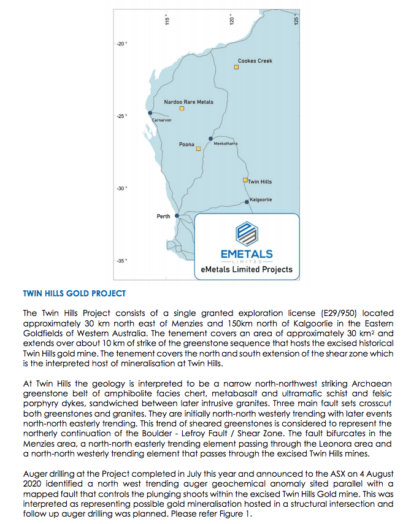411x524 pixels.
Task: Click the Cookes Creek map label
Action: (x=255, y=61)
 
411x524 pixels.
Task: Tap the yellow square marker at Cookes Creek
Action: (x=236, y=67)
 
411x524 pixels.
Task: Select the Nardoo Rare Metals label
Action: (x=188, y=102)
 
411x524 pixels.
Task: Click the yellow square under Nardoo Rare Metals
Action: (x=182, y=109)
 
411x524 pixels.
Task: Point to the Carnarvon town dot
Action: (x=150, y=113)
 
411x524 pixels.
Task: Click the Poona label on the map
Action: (x=186, y=145)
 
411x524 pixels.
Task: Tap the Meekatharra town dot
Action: (x=210, y=139)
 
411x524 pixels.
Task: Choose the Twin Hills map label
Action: (x=260, y=182)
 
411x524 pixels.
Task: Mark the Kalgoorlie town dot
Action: (x=247, y=202)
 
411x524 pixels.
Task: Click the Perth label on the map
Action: (x=163, y=217)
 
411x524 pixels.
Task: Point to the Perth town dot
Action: (x=177, y=216)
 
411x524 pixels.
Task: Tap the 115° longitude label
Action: (x=167, y=21)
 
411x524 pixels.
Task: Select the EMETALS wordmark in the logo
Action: (x=247, y=254)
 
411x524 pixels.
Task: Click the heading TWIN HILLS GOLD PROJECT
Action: (x=74, y=294)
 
